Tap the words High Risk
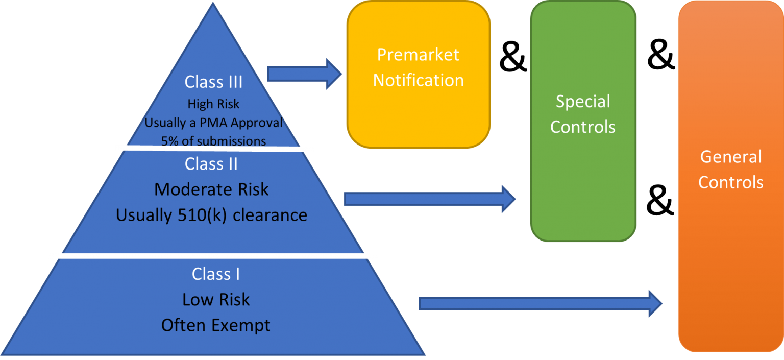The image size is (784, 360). [x=213, y=104]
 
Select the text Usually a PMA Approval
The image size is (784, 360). [x=213, y=123]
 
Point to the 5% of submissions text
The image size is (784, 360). [x=213, y=141]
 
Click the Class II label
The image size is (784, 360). [x=211, y=164]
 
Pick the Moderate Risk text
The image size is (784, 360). [x=211, y=189]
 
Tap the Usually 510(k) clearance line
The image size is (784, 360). [x=211, y=215]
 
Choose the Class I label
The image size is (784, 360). [x=216, y=274]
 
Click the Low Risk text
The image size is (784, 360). [x=216, y=299]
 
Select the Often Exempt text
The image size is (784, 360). [x=216, y=325]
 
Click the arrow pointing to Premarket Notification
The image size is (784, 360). [x=304, y=74]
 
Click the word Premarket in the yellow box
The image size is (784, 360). [x=418, y=55]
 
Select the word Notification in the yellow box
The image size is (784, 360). [x=418, y=80]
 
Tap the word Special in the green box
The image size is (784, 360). [x=583, y=101]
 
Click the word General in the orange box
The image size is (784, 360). [x=730, y=156]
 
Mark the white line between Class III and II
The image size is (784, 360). [x=214, y=149]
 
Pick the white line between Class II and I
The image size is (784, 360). [x=213, y=255]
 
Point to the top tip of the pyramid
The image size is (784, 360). [x=212, y=4]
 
